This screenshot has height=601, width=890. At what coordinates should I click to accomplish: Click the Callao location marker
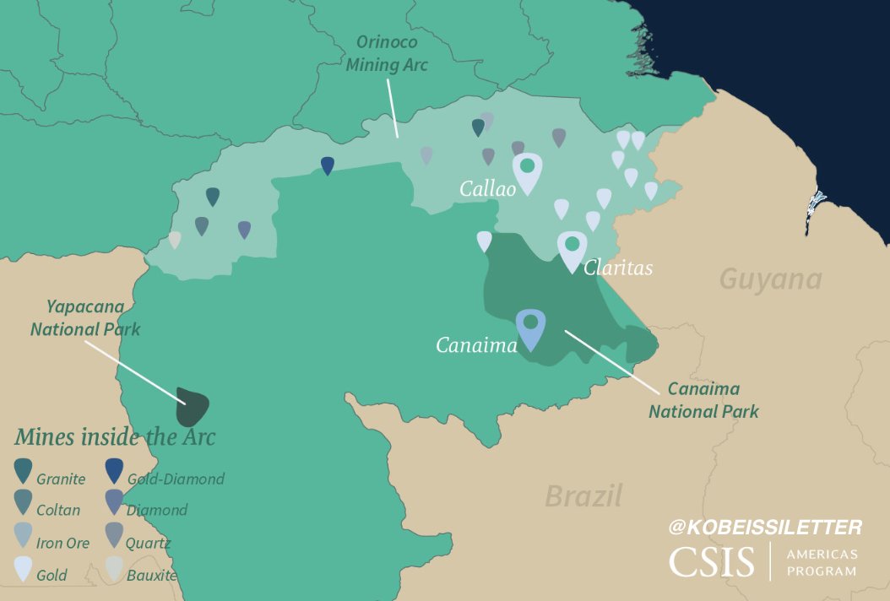point(527,171)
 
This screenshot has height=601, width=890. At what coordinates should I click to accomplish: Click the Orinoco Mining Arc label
point(387,53)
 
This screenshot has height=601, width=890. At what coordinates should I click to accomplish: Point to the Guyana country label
point(770,279)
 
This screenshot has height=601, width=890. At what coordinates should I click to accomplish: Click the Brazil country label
point(583,495)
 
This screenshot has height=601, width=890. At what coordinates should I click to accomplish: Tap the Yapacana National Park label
point(85,317)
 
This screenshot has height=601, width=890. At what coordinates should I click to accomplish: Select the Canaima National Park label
point(703,400)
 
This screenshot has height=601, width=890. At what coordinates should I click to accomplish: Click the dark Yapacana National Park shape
point(192,408)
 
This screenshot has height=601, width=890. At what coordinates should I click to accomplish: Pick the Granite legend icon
point(24,469)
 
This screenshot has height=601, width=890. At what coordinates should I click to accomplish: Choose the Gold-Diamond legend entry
point(164,479)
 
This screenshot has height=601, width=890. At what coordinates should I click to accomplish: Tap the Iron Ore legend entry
point(51,544)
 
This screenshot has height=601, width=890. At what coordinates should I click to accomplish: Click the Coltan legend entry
point(49,510)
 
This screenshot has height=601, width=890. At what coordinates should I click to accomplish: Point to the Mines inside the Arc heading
point(114,437)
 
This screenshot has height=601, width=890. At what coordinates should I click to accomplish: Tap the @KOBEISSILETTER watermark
point(765,528)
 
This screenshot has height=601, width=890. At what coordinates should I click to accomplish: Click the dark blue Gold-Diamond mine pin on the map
point(328,165)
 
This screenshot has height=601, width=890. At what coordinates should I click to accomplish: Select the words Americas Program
point(821,562)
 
